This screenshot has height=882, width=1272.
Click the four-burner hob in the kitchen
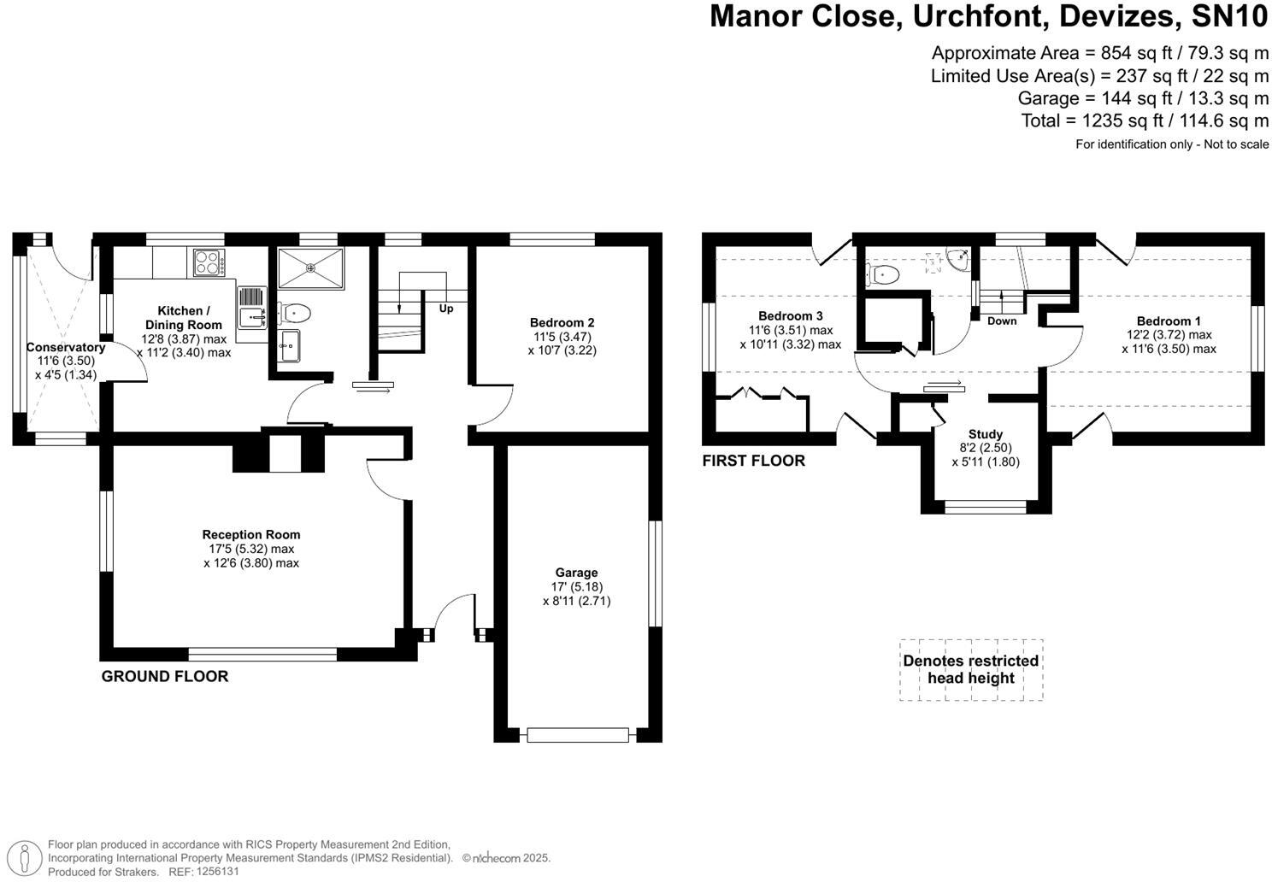[x=209, y=262]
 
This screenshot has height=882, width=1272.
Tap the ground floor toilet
[x=294, y=313]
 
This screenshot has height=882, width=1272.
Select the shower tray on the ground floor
[x=310, y=268]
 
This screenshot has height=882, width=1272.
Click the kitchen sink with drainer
[x=252, y=308]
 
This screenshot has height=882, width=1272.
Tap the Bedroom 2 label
[x=562, y=323]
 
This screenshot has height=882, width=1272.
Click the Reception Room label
[x=251, y=535]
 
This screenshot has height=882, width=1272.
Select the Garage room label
[x=576, y=573]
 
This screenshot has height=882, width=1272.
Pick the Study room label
[x=986, y=434]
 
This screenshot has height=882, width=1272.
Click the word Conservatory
[x=66, y=347]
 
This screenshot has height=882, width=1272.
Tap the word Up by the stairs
[x=445, y=309]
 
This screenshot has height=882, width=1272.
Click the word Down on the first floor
[x=1002, y=321]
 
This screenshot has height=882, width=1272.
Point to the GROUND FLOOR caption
[x=165, y=677]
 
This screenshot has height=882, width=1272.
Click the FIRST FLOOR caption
[x=754, y=461]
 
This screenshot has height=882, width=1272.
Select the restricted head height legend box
[x=971, y=670]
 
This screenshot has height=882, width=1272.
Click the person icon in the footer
[x=24, y=857]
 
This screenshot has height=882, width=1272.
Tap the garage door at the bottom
[x=578, y=735]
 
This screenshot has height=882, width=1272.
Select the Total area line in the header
[x=1145, y=121]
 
